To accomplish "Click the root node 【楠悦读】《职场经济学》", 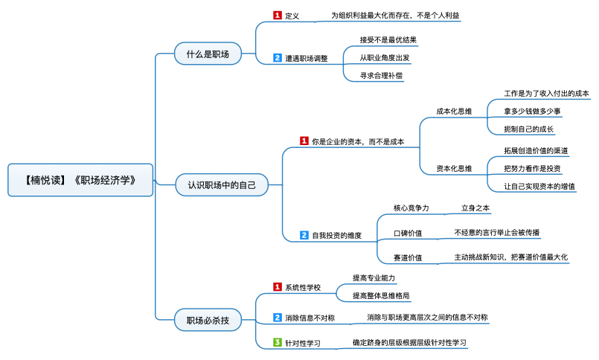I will pyautogui.click(x=80, y=180).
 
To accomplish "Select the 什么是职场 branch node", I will pyautogui.click(x=208, y=54).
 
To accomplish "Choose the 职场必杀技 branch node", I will pyautogui.click(x=208, y=321).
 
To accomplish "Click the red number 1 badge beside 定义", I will pyautogui.click(x=278, y=15).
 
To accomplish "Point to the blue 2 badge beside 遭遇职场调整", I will pyautogui.click(x=278, y=57).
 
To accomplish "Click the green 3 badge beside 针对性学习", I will pyautogui.click(x=278, y=343).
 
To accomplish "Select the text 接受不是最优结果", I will pyautogui.click(x=388, y=39).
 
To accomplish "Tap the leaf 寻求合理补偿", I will pyautogui.click(x=382, y=75).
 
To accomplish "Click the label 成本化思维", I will pyautogui.click(x=454, y=112).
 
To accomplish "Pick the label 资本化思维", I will pyautogui.click(x=454, y=169).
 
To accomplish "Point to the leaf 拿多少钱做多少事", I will pyautogui.click(x=532, y=112).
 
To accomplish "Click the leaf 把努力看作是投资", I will pyautogui.click(x=532, y=169).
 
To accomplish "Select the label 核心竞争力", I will pyautogui.click(x=411, y=208).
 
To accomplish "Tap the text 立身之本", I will pyautogui.click(x=475, y=208).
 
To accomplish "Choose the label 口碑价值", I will pyautogui.click(x=408, y=234).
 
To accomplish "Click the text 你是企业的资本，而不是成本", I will pyautogui.click(x=357, y=141).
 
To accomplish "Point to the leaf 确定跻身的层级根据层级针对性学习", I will pyautogui.click(x=409, y=343).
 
